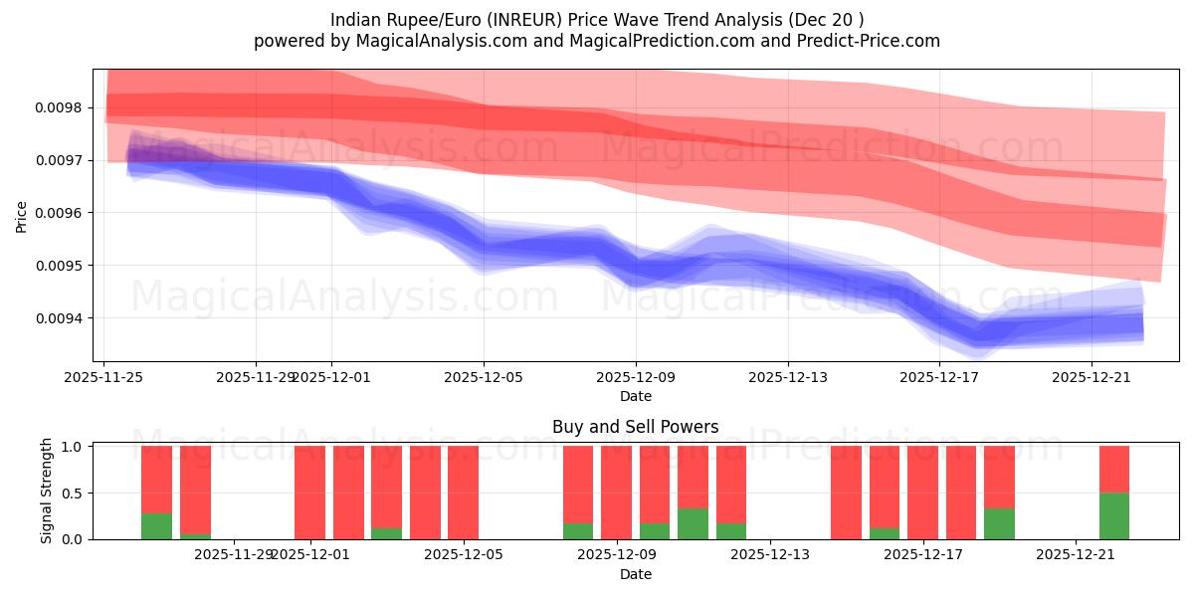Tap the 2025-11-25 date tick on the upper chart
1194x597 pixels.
(x=104, y=377)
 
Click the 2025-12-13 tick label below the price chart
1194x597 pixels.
(x=787, y=377)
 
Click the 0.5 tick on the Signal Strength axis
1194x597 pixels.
(x=75, y=494)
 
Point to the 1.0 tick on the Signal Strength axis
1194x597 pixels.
(x=75, y=447)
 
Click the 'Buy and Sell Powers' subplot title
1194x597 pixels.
(x=635, y=428)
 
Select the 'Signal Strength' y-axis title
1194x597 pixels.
(x=47, y=493)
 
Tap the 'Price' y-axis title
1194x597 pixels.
(x=22, y=216)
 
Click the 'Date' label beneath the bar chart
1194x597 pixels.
(x=635, y=574)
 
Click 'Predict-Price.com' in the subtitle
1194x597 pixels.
(x=863, y=41)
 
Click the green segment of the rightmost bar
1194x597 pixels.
(x=1114, y=516)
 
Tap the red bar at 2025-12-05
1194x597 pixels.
(x=463, y=493)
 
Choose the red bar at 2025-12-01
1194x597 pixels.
(x=309, y=493)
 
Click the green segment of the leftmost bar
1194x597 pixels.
(x=156, y=526)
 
